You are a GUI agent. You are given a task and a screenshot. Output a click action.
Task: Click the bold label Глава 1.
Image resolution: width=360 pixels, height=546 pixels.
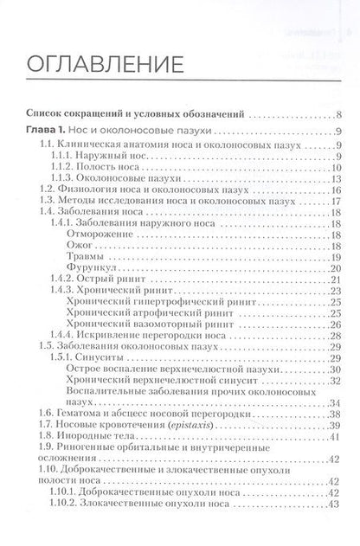(49, 129)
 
